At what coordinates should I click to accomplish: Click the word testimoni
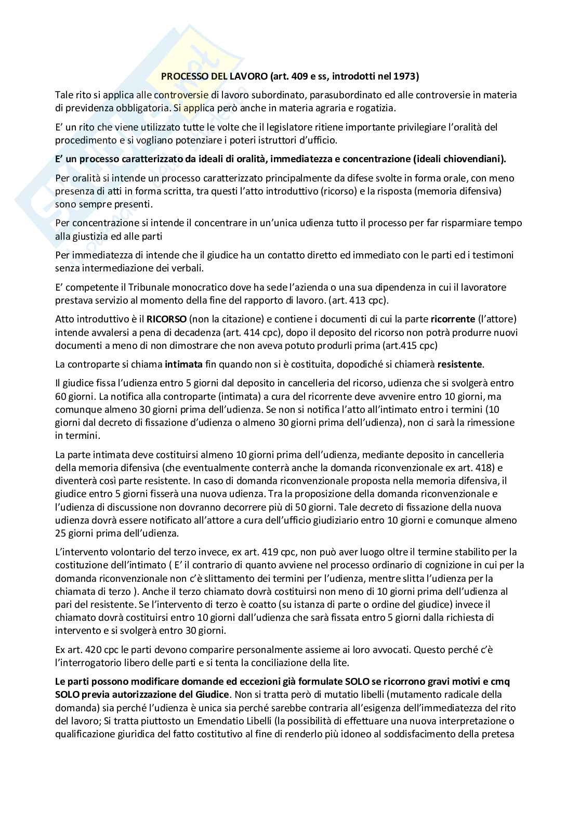coord(494,255)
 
